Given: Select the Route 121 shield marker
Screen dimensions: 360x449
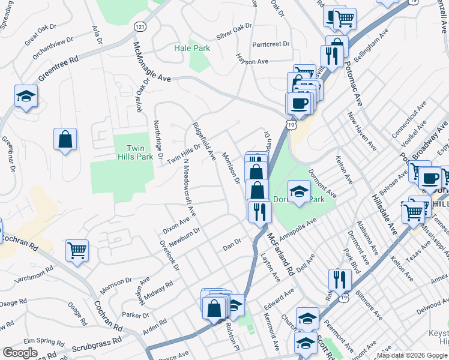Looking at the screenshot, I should (139, 28).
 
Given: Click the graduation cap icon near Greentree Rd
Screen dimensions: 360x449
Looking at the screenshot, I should (26, 97).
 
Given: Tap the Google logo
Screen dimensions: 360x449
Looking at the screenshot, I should (20, 353).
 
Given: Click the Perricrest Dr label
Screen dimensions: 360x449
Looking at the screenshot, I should (271, 44).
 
